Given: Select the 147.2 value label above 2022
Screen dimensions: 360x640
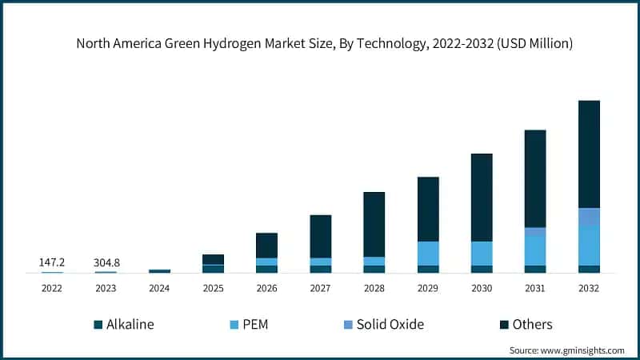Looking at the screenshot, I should point(52,262).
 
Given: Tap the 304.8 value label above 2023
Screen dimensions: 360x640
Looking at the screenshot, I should point(106,262).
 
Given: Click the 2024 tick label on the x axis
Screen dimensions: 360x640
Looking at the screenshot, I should point(159,288).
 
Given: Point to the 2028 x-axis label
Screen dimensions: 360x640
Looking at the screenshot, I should point(374,288).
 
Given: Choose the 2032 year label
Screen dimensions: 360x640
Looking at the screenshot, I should point(589,288).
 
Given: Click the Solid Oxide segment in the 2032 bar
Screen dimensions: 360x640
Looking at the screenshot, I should point(589,217).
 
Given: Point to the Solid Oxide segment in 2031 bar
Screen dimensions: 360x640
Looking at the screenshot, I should point(535,232).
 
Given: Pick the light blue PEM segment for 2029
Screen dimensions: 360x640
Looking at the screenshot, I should point(428,253).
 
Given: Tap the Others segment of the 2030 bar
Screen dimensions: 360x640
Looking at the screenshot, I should point(482,197).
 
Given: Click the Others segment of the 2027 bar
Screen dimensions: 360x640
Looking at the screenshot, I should point(321,236).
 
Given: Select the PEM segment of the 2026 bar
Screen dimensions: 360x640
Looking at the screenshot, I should point(266,262).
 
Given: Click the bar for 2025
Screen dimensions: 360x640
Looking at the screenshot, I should point(213,263).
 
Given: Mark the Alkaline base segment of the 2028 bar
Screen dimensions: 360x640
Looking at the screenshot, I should point(374,269).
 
